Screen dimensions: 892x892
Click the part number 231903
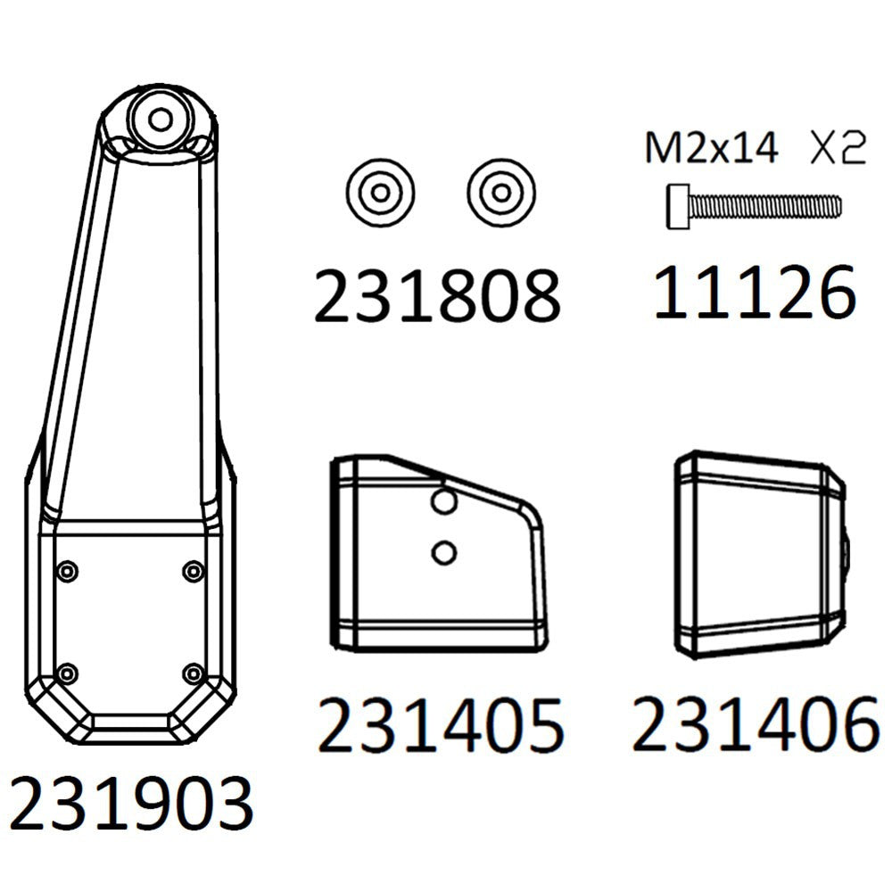coord(131,805)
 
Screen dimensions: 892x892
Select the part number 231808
coord(437,295)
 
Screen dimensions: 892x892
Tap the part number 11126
coord(755,292)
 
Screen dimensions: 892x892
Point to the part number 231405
coord(441,724)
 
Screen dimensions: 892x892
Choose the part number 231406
coord(756,723)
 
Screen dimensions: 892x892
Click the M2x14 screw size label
coord(712,148)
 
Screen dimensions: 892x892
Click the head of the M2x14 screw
coord(678,207)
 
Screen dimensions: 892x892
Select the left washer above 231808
coord(380,193)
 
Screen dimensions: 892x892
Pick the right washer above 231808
coord(500,193)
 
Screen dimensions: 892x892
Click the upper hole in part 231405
coord(443,500)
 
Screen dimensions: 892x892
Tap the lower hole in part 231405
coord(443,552)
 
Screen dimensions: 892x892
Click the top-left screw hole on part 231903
coord(68,571)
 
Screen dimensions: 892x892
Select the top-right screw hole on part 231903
coord(194,571)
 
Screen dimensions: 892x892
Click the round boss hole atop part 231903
coord(161,120)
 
